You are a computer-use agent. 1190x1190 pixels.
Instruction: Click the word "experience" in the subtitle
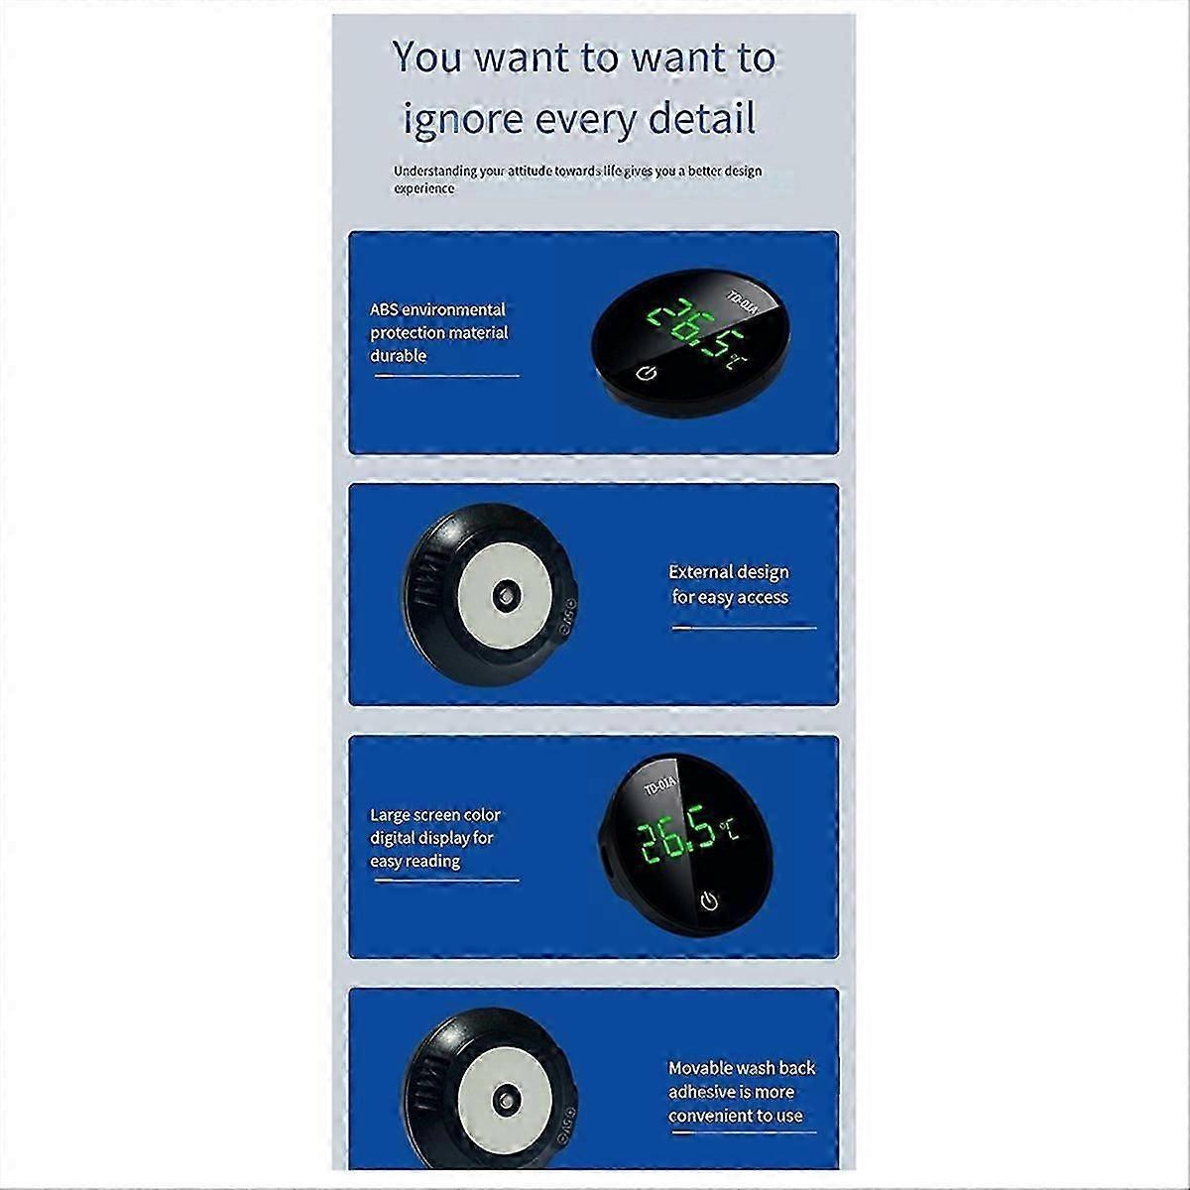tap(424, 189)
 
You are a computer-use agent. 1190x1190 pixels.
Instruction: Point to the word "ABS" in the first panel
tap(384, 309)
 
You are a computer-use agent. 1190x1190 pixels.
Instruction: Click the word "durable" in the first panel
tap(399, 356)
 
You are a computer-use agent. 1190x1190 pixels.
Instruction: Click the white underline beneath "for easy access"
tap(744, 628)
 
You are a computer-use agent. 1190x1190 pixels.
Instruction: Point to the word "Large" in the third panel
tap(390, 815)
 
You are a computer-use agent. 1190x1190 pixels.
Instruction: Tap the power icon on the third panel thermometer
tap(710, 900)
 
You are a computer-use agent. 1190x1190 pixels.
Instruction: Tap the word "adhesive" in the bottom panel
tap(701, 1092)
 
